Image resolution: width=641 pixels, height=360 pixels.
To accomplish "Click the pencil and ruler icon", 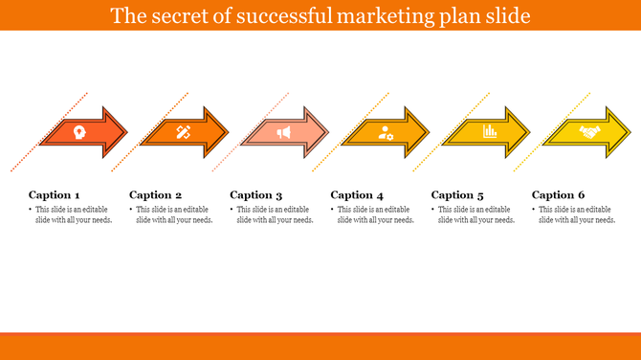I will tap(183, 132).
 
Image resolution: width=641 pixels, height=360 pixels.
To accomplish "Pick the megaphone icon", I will tap(283, 132).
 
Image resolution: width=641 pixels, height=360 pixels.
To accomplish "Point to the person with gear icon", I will tap(386, 132).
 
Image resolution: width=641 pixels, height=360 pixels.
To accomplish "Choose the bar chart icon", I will tap(488, 132).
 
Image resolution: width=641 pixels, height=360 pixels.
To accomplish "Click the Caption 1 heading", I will tap(55, 194).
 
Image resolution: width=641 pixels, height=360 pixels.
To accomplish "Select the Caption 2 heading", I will tap(155, 194).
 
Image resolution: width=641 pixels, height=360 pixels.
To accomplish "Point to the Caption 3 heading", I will tap(256, 194).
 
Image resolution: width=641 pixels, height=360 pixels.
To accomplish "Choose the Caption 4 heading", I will tap(357, 194).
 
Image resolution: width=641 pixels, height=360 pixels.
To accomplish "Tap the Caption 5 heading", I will tap(457, 194).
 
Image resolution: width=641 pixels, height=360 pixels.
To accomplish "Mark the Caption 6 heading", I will tap(559, 194).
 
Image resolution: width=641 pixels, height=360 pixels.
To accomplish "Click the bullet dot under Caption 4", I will tap(332, 210).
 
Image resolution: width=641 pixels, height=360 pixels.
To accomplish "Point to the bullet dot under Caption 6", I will tap(534, 210).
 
